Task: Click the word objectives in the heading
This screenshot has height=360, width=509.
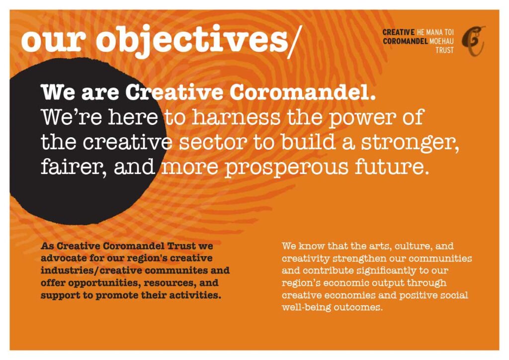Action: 191,41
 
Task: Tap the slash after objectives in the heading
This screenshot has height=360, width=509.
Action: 295,42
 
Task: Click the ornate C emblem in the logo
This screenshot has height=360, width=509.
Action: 474,41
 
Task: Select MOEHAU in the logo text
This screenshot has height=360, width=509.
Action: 441,41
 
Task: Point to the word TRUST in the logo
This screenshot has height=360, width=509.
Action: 444,50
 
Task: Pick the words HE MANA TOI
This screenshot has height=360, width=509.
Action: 435,32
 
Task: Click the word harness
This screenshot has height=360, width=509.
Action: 236,117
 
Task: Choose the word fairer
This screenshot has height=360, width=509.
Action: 74,167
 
